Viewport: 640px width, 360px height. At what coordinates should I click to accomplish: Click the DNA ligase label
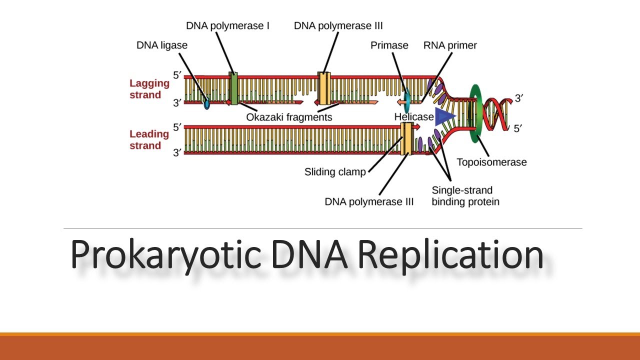(162, 45)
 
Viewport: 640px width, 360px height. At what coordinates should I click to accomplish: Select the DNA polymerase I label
(228, 25)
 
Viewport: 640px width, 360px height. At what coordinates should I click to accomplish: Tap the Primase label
(389, 45)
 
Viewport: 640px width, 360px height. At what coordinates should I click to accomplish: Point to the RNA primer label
(450, 45)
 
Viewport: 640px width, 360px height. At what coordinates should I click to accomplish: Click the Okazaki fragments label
(289, 117)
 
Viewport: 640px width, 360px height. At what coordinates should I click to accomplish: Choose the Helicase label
(413, 116)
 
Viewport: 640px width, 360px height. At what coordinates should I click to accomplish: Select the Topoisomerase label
(491, 162)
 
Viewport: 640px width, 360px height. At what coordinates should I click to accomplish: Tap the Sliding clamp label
(335, 172)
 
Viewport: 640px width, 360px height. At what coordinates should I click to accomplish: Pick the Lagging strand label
(149, 89)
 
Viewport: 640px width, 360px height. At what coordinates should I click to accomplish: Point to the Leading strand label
(149, 139)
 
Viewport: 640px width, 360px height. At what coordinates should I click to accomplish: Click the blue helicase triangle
(444, 116)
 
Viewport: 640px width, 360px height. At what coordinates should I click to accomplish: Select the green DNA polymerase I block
(233, 88)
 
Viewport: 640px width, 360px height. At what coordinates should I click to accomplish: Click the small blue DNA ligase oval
(206, 104)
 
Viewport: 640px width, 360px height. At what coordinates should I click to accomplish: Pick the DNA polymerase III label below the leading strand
(369, 202)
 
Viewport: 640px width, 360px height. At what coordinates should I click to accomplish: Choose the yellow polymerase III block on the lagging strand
(324, 88)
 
